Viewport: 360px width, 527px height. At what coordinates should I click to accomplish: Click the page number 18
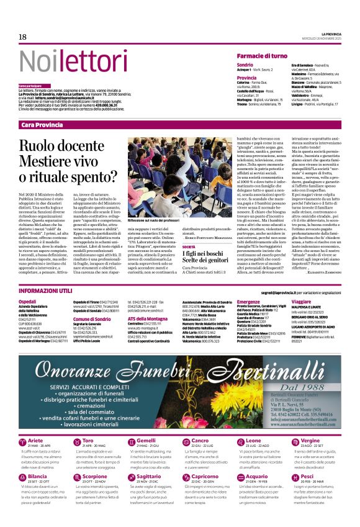click(22, 37)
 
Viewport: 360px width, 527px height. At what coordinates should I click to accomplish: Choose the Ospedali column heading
click(28, 301)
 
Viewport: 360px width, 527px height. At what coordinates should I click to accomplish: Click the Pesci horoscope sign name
click(325, 476)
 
